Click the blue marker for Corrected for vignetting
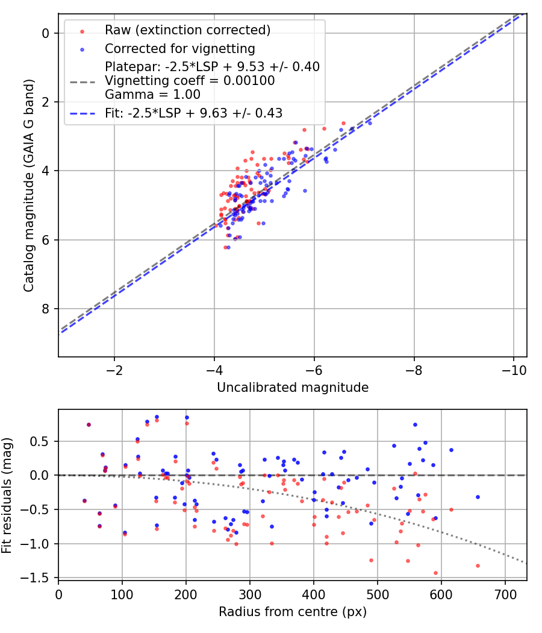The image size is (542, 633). pos(83,49)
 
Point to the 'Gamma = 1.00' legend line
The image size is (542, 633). pos(152,95)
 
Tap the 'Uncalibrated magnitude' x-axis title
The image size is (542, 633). pos(293,388)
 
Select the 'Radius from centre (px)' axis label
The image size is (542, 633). pos(293,612)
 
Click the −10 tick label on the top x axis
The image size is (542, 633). pos(513,370)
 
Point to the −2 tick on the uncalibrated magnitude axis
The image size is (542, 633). pos(114,370)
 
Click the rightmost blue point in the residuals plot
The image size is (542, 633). pos(478,497)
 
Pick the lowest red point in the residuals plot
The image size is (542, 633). pos(435,573)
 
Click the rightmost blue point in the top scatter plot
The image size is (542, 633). pos(370,123)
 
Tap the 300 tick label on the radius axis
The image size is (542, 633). pos(185,594)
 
